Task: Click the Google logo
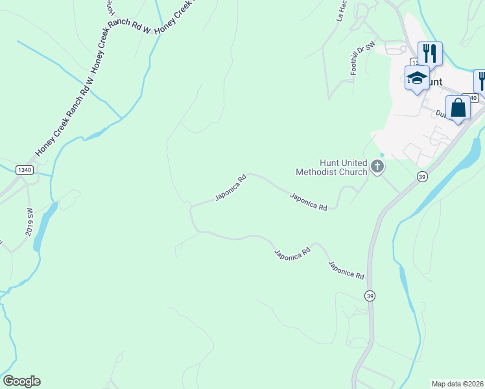tap(21, 381)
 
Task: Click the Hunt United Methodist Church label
tap(331, 167)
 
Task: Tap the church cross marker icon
tap(377, 168)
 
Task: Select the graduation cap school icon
tap(416, 78)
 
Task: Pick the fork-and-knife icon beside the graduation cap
tap(430, 53)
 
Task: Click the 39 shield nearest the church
tap(422, 176)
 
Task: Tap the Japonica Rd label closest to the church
tap(309, 202)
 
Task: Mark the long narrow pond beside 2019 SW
tap(41, 227)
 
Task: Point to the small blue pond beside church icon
tap(382, 154)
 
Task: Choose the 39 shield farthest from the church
tap(370, 296)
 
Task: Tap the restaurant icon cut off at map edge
tap(480, 80)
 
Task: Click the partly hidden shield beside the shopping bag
tap(473, 98)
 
